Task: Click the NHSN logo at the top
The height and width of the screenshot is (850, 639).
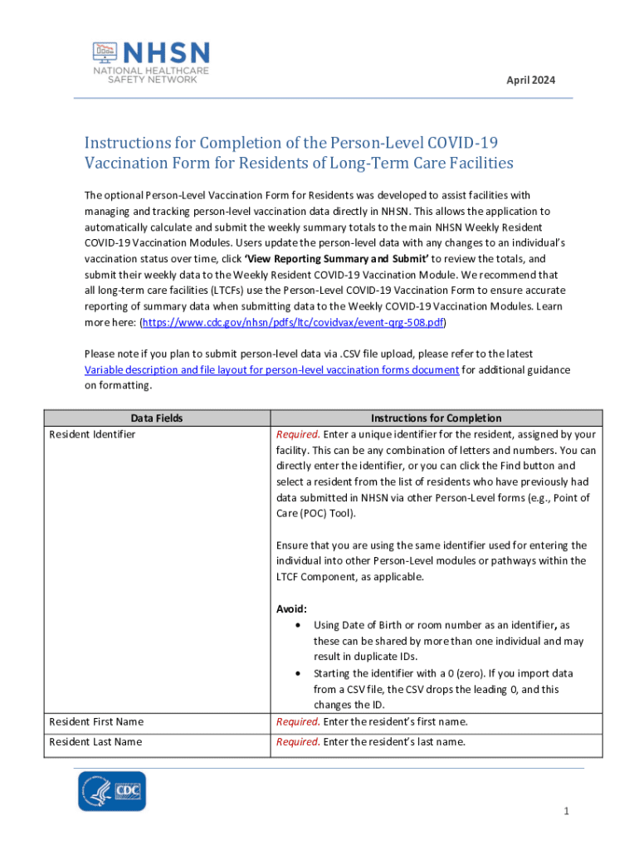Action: click(x=150, y=61)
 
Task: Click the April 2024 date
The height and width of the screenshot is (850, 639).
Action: click(x=531, y=81)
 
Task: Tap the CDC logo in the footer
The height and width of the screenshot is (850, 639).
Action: click(x=112, y=791)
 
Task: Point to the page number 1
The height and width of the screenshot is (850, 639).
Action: click(x=565, y=811)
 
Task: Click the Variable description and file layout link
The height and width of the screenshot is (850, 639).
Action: click(x=272, y=370)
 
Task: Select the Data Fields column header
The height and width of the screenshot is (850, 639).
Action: click(x=157, y=418)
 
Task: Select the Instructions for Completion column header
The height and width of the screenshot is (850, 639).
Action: click(x=436, y=418)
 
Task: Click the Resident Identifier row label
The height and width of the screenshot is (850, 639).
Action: click(x=92, y=434)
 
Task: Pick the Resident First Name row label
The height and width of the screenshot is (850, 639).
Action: click(x=95, y=721)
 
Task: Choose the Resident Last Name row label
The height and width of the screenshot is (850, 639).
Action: click(x=95, y=741)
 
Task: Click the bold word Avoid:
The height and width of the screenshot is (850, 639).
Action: click(x=291, y=608)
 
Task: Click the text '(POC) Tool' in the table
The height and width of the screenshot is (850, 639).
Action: click(x=326, y=513)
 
